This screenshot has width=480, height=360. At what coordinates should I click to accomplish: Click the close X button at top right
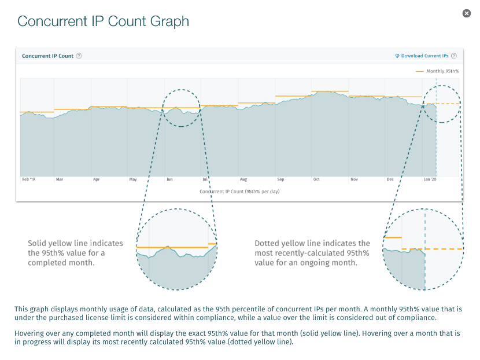point(467,13)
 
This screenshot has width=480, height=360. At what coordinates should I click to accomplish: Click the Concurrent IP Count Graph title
point(103,21)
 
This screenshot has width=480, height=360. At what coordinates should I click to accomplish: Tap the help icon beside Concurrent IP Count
point(79,56)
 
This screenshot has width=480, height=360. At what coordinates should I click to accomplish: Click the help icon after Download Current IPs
point(454,56)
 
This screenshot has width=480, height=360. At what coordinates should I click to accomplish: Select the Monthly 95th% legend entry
point(437,71)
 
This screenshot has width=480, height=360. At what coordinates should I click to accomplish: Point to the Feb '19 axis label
point(28,179)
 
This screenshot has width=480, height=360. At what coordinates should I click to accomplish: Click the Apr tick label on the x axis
point(96,179)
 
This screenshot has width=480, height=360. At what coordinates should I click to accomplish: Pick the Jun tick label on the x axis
point(169,179)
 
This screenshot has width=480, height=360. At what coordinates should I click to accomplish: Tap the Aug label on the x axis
point(243,179)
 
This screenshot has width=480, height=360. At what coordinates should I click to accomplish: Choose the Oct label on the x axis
point(316,179)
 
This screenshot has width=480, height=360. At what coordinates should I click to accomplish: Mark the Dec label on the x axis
point(390,179)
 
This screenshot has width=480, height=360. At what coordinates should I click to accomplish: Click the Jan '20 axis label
point(430,179)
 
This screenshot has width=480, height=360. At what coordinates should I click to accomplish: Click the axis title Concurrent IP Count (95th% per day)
point(239,191)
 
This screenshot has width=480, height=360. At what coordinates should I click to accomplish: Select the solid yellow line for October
point(330,91)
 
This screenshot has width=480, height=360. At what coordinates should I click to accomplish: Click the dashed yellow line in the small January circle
point(448,104)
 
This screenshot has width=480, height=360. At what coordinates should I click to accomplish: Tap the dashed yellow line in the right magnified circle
point(442,248)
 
